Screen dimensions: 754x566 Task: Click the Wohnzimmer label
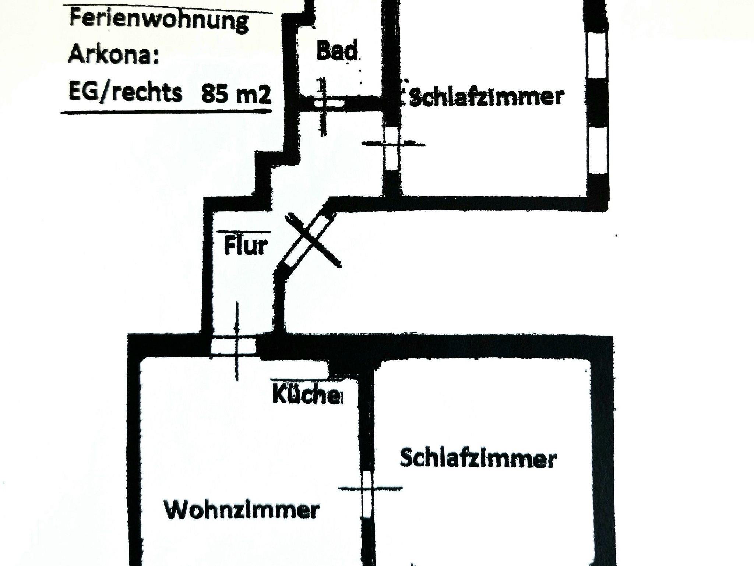point(242,510)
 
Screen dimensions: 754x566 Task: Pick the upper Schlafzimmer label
point(486,97)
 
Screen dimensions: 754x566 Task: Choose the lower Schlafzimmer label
point(478,458)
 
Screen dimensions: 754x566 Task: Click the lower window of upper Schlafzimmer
point(598,149)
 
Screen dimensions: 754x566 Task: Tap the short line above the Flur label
point(243,232)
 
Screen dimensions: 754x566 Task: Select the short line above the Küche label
point(300,379)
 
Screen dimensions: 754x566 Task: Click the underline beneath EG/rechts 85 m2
point(166,112)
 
